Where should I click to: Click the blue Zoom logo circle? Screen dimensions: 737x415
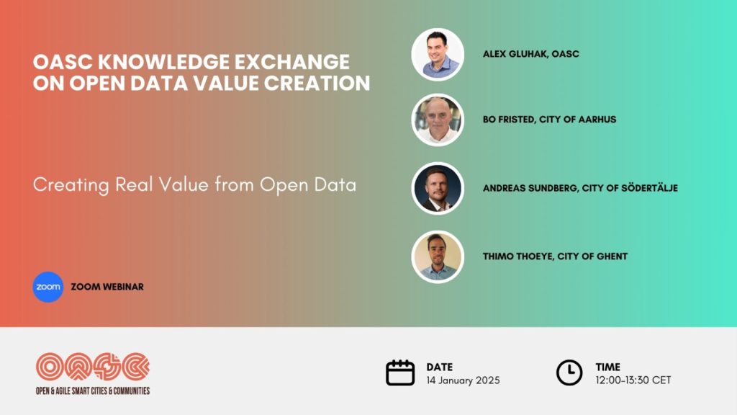[48, 287]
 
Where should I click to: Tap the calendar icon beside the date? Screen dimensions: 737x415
[400, 372]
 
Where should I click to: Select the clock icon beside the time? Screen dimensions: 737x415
[569, 372]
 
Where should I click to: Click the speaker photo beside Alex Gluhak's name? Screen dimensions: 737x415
[438, 55]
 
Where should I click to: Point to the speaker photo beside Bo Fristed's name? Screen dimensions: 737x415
[438, 120]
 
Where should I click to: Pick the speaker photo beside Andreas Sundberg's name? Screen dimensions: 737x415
[438, 188]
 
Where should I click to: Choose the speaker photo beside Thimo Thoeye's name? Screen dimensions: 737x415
[438, 257]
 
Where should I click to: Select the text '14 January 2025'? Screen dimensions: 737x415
[463, 380]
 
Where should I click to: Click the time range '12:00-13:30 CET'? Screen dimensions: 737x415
[633, 380]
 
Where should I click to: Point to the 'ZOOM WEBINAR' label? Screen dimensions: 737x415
[107, 287]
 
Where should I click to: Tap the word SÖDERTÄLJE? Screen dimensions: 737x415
[650, 188]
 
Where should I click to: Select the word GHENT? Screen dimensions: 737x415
[612, 256]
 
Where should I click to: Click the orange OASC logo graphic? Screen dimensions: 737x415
[93, 367]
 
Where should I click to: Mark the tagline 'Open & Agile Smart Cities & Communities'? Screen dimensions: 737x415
[93, 391]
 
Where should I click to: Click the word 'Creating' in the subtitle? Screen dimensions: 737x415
[71, 185]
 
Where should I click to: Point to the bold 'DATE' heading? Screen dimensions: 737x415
[440, 367]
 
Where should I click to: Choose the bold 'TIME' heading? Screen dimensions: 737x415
[607, 367]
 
